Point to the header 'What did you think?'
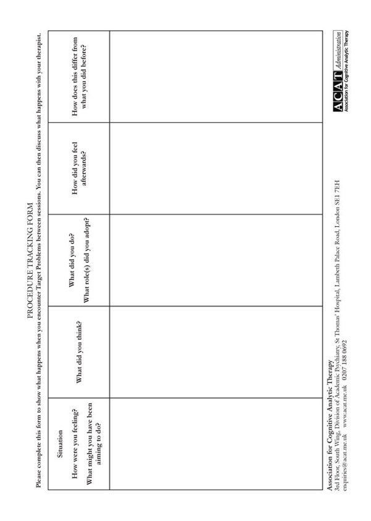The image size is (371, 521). pos(78,352)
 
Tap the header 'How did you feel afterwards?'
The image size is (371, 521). pos(78,168)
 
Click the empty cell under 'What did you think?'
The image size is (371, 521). pos(216,352)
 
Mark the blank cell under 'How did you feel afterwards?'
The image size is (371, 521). pos(216,168)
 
